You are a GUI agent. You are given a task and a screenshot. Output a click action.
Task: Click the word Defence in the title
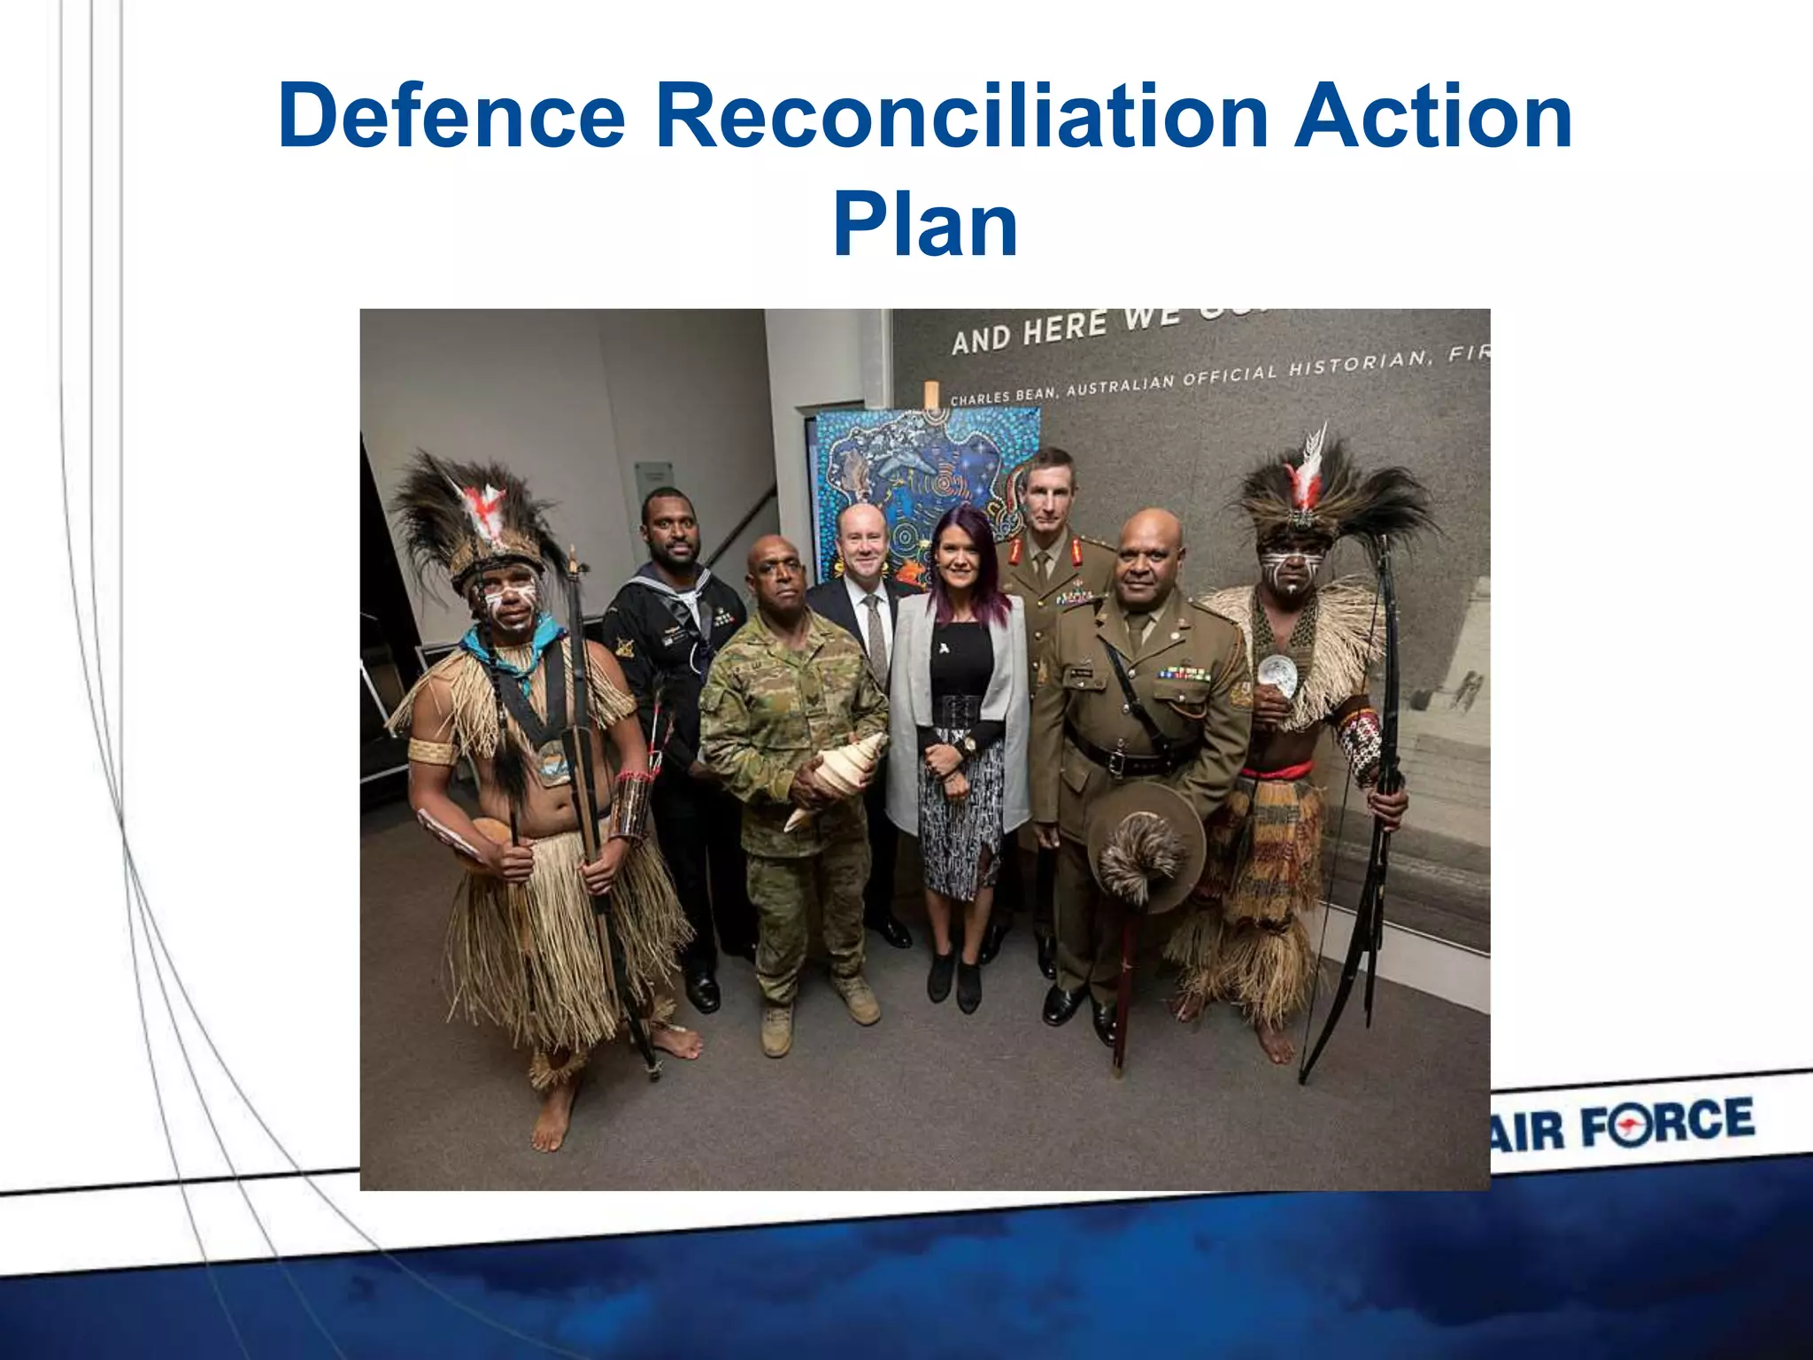[451, 117]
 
